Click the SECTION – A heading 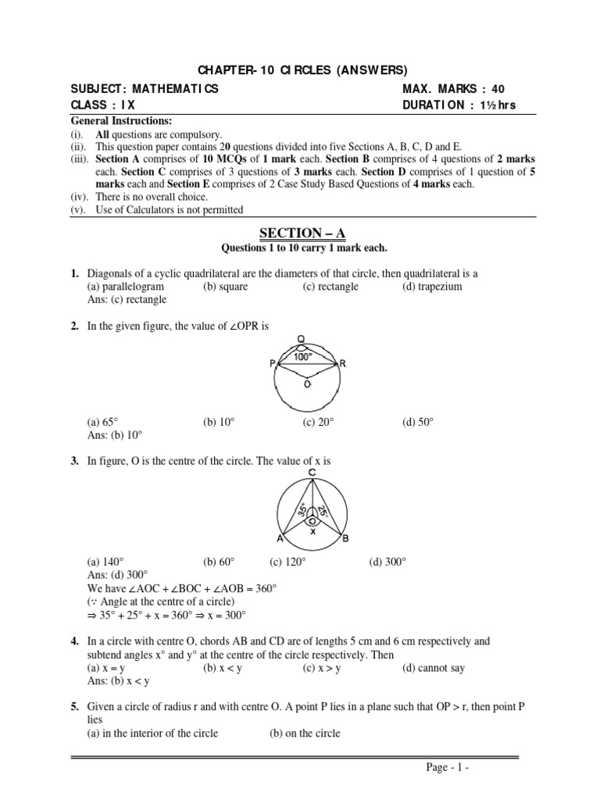coord(300,234)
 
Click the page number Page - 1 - coord(447,767)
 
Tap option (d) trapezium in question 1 coord(432,287)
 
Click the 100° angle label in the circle coord(302,356)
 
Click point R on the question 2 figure coord(342,364)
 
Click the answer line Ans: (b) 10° coord(115,435)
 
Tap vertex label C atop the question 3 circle coord(312,473)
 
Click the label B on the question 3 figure coord(345,539)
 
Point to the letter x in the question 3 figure coord(312,531)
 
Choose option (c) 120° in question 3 coord(287,562)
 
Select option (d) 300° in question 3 coord(387,562)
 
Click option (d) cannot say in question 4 coord(437,668)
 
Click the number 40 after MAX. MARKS coord(505,89)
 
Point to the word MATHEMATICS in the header coord(175,89)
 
